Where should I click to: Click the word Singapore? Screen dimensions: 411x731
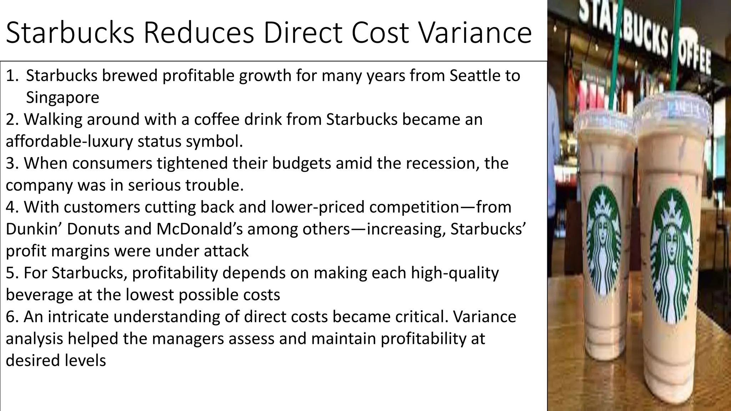(x=62, y=98)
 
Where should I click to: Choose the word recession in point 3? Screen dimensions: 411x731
(x=442, y=163)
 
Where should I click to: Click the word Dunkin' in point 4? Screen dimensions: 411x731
(x=34, y=229)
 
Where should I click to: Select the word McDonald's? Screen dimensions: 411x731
(x=199, y=229)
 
